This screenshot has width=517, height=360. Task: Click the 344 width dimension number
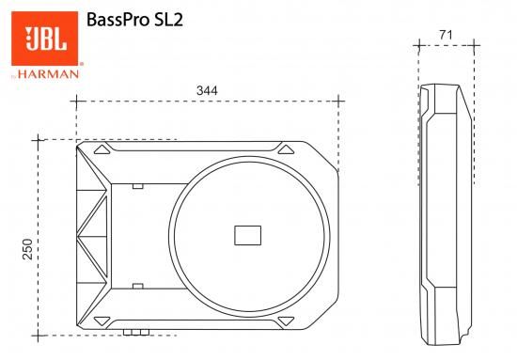pos(207,91)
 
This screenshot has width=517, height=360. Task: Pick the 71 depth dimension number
pos(446,36)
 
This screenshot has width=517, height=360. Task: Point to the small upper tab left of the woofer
pos(138,186)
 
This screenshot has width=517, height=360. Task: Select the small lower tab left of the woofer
pos(138,284)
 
